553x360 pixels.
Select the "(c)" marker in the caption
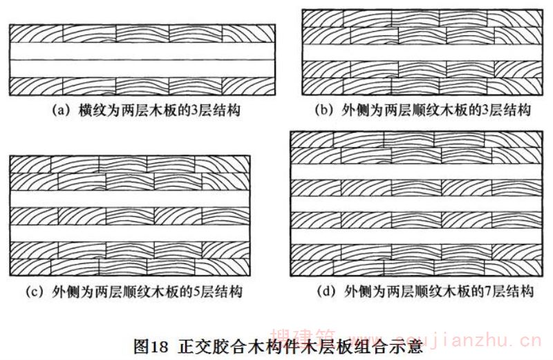pos(36,291)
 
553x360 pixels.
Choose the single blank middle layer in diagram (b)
pos(421,53)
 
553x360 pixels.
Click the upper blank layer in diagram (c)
pos(129,198)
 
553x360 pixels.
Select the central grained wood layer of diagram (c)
pos(129,216)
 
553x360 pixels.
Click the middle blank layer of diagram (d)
pos(414,204)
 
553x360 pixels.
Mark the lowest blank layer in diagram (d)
pos(414,237)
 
